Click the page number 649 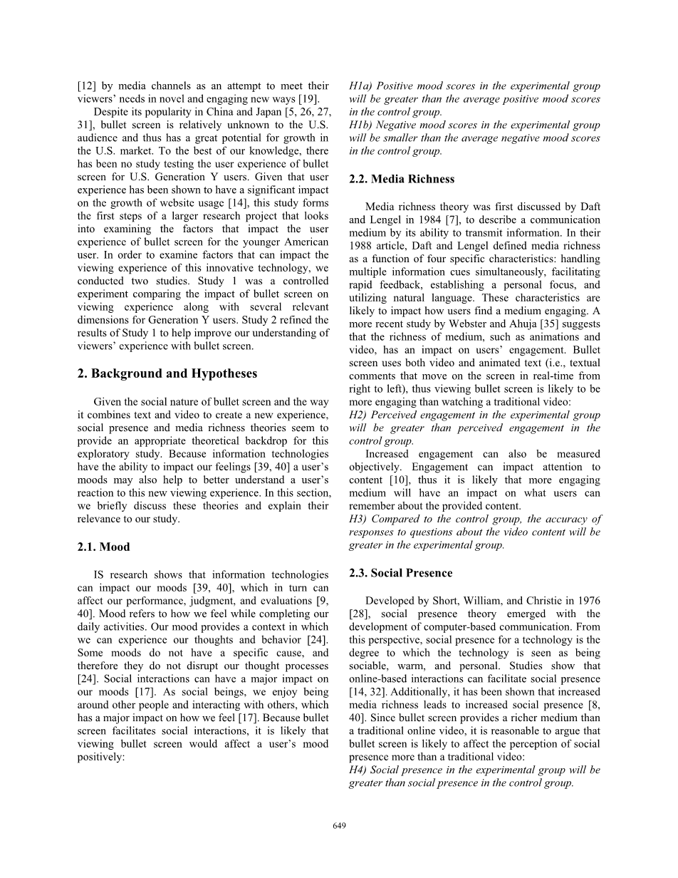coord(339,825)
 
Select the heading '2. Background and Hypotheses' coord(167,373)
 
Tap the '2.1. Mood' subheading coord(103,547)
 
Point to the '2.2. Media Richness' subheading coord(402,179)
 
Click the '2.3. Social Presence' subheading coord(401,573)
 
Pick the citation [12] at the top coord(87,86)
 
